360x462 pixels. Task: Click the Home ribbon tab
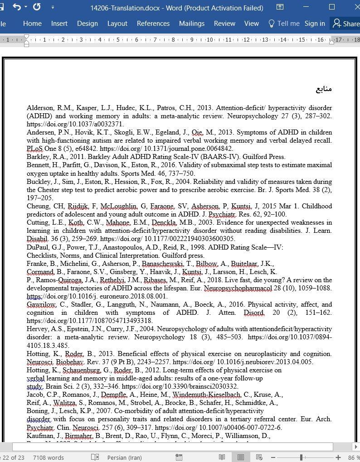coord(32,24)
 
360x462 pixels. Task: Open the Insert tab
coord(59,24)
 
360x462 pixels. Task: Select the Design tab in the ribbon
coord(88,24)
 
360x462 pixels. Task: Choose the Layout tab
coord(117,24)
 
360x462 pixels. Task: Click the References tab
coord(153,24)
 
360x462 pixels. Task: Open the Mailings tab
coord(192,24)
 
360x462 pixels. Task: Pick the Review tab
coord(224,24)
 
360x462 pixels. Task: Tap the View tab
coord(252,24)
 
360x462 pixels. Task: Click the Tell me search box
coord(284,24)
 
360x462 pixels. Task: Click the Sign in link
coord(315,24)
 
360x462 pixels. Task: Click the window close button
coord(353,7)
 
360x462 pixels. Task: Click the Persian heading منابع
coord(324,89)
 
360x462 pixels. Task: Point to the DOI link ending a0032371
coord(75,124)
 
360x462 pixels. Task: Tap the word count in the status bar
coord(49,457)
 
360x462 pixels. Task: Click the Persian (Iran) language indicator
coord(124,457)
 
